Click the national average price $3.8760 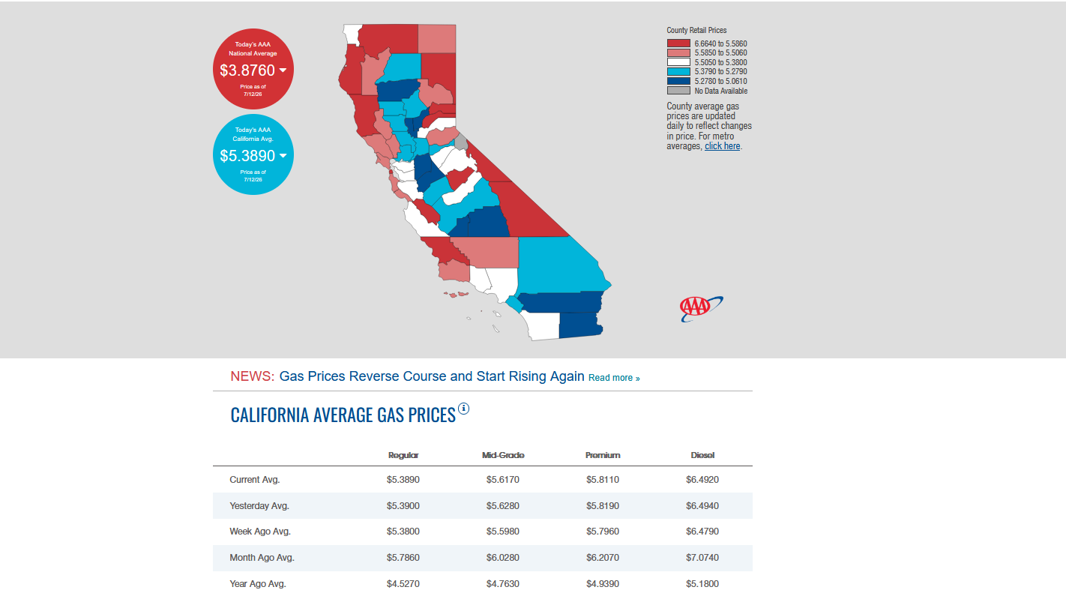[247, 70]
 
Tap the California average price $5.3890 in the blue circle [247, 156]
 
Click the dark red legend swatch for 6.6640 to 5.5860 [678, 43]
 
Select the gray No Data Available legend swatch [678, 91]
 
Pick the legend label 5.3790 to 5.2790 [720, 72]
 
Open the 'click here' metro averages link [722, 146]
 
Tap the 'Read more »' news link [614, 378]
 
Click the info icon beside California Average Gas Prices [463, 409]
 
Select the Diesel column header [702, 455]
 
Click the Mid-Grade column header [503, 455]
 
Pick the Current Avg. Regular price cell [403, 480]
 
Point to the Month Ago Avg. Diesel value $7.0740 [702, 558]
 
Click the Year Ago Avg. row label [258, 584]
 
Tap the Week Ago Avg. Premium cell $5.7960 [603, 532]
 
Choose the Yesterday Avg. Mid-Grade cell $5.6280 [502, 506]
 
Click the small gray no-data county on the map [461, 142]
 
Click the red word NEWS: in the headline [252, 376]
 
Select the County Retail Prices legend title [696, 31]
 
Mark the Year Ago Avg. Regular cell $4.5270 [403, 584]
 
